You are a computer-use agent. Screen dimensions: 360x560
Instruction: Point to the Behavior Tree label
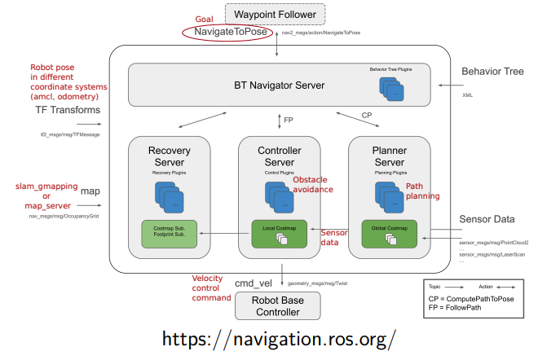point(492,72)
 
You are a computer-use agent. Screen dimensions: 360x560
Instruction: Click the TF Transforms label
point(68,110)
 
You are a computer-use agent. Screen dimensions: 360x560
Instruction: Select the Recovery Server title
point(169,157)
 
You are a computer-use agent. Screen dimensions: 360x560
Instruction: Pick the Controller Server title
point(280,157)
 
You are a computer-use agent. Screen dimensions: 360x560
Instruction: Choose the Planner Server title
point(390,157)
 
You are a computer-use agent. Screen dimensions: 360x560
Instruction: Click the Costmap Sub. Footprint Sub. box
point(169,235)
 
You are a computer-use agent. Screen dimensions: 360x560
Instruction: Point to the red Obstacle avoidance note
point(313,184)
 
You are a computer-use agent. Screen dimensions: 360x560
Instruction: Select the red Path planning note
point(423,191)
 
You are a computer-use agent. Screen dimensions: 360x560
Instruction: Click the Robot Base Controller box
point(280,306)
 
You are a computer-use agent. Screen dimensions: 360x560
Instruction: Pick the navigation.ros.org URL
point(280,339)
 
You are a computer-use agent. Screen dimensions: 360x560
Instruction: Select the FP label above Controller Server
point(289,120)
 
